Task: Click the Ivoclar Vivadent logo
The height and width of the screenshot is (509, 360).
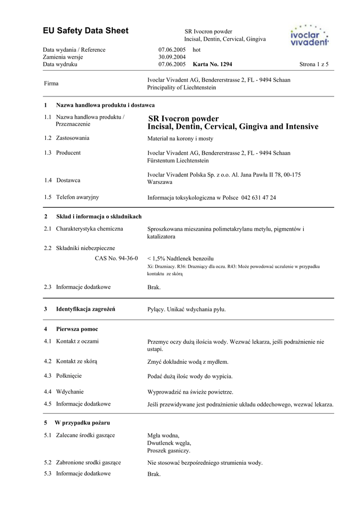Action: [309, 35]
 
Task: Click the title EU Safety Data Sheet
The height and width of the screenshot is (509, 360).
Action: [86, 31]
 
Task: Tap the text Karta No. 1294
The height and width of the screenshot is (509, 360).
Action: [212, 65]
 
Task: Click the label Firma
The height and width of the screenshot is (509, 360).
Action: [51, 84]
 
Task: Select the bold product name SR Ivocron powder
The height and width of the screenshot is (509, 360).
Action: [183, 119]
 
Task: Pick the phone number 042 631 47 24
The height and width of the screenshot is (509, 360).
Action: [259, 197]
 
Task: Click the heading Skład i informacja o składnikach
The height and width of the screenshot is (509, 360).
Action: [98, 217]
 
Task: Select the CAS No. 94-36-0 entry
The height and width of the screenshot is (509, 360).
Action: [116, 258]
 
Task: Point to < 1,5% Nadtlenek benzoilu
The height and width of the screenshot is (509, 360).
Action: [180, 259]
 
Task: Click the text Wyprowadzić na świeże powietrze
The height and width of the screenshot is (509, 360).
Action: [190, 392]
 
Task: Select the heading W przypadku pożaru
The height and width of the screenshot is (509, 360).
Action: [82, 423]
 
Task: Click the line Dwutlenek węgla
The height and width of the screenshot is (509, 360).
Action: [169, 443]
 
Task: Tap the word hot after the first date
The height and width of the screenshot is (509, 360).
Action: [196, 50]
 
